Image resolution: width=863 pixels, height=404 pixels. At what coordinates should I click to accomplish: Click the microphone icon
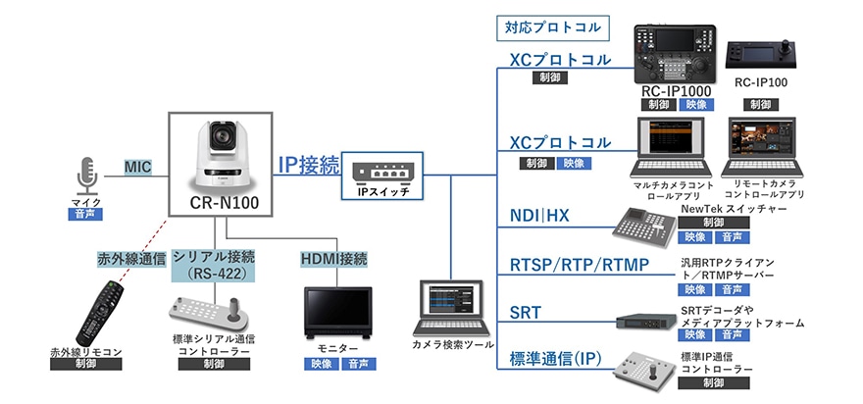86,174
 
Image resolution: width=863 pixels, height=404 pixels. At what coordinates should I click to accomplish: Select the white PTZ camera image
226,154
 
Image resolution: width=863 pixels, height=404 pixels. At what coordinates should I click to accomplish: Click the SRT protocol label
526,313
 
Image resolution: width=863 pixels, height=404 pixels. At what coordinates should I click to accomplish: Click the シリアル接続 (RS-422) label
214,265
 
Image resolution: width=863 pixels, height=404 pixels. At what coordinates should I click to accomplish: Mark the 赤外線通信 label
127,260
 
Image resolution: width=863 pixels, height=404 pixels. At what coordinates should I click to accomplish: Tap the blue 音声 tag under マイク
86,212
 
